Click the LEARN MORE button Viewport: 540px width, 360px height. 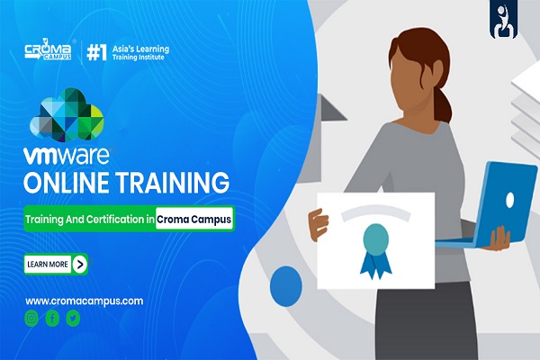[x=57, y=264]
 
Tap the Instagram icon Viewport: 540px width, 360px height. [x=32, y=318]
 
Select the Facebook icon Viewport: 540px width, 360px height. [x=52, y=318]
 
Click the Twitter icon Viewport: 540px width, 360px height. [x=73, y=318]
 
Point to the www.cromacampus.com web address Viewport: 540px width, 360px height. [x=85, y=301]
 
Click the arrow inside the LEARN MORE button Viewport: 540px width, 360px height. [x=80, y=264]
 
